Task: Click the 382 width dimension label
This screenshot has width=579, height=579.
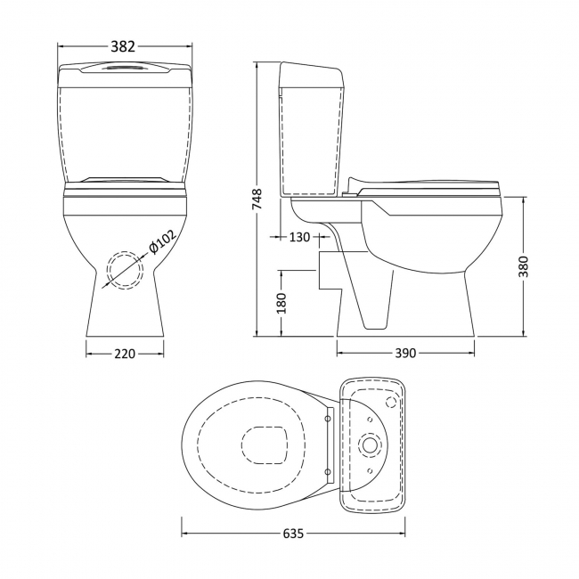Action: point(125,44)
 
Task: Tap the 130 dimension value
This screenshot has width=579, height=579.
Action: point(300,237)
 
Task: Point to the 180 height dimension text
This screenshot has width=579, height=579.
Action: point(281,304)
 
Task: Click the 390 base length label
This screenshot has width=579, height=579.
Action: point(405,354)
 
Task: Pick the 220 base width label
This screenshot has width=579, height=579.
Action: point(125,354)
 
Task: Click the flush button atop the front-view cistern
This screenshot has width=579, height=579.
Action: point(125,67)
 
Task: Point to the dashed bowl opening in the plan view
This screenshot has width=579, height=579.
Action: point(265,443)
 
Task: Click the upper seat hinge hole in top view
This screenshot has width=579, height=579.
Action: point(330,415)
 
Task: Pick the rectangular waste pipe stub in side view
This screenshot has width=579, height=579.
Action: point(328,271)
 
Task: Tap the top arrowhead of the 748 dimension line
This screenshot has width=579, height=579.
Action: point(257,65)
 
